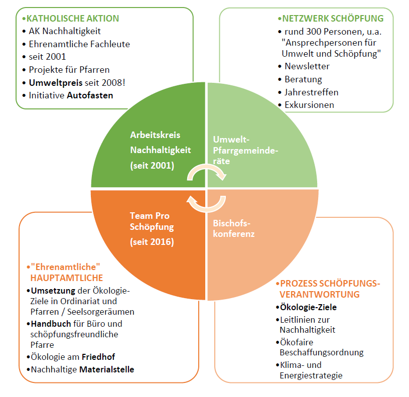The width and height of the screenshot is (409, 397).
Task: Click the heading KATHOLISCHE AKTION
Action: [x=72, y=19]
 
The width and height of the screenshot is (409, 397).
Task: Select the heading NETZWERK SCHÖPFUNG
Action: [x=332, y=19]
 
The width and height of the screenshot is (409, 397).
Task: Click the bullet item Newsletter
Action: [x=307, y=66]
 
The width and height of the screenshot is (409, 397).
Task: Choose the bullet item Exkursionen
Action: [x=309, y=105]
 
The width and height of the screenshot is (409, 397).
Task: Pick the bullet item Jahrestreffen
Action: [x=311, y=92]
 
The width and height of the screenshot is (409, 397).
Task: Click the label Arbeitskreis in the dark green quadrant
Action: [x=155, y=135]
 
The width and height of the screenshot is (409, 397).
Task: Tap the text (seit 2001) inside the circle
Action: [x=152, y=165]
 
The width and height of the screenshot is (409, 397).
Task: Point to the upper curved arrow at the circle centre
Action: [x=207, y=172]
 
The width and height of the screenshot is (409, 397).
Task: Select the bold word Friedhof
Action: [x=98, y=357]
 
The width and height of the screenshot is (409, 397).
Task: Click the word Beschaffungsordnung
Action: [x=321, y=352]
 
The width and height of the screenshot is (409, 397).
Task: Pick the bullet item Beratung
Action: [x=303, y=79]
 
